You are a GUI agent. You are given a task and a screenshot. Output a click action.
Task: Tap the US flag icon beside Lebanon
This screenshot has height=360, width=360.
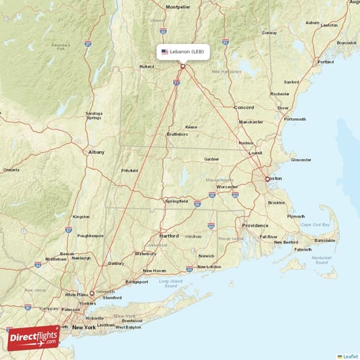165,52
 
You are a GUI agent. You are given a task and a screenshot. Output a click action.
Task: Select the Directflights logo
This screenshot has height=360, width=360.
34,336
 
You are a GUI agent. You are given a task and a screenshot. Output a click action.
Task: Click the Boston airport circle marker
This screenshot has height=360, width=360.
267,179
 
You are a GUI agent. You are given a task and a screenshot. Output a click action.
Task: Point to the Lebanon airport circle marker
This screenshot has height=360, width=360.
183,67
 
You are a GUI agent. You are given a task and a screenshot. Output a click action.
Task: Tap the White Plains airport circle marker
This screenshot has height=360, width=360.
91,294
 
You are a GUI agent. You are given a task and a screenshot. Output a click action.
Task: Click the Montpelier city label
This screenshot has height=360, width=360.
178,6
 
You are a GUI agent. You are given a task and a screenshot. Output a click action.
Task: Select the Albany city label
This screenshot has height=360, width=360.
96,152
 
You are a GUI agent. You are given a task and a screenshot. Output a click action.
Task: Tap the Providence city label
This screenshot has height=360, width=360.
255,225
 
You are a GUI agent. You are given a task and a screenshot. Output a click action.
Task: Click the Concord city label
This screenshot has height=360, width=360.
243,107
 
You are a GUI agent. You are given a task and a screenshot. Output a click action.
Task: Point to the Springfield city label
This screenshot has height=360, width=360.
176,201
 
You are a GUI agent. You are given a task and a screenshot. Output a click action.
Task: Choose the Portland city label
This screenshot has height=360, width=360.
325,62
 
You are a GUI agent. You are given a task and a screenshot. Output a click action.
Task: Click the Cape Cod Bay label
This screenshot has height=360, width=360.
315,225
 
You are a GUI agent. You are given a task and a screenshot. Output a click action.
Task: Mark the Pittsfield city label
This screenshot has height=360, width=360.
130,171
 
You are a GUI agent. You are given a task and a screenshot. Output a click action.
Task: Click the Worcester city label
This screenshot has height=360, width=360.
228,186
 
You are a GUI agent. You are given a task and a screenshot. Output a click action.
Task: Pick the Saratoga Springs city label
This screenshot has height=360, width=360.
94,115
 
